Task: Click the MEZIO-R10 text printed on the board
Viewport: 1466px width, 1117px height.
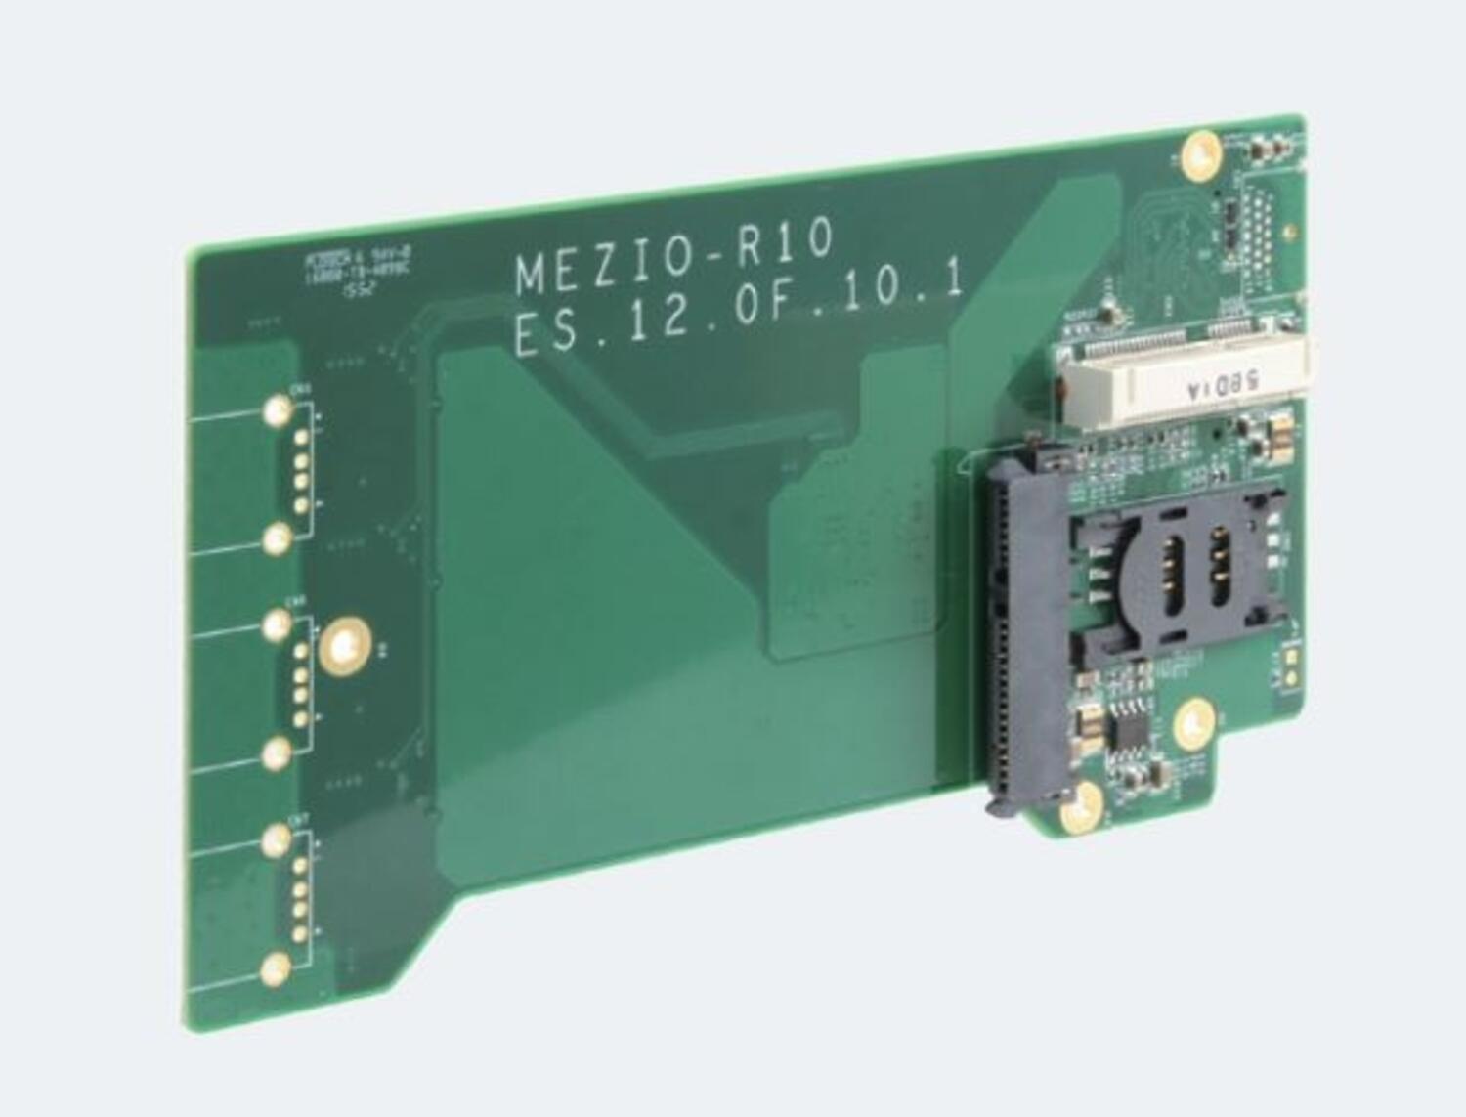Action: coord(674,257)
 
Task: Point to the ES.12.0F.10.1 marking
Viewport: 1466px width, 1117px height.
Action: coord(738,310)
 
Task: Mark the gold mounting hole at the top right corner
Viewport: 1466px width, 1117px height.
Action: coord(1200,155)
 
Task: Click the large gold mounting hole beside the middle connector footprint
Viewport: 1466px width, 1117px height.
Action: coord(344,646)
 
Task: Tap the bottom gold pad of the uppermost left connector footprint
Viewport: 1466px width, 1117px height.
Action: coord(277,537)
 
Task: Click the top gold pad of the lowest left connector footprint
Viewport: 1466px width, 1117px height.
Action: coord(277,838)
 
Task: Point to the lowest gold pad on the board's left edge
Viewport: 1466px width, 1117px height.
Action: coord(277,969)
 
